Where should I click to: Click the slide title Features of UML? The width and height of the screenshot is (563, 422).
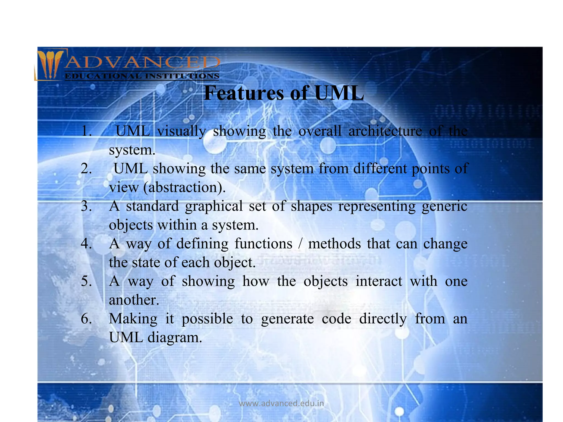pos(284,93)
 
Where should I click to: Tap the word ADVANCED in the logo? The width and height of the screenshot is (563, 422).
pos(142,63)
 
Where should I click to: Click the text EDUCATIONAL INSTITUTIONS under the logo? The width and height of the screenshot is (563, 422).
pos(142,76)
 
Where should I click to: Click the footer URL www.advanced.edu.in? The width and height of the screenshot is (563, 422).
pos(281,403)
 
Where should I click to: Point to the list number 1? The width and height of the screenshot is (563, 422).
pos(86,131)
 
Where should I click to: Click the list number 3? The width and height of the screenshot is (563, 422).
pos(86,206)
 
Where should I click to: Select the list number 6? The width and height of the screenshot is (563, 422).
pos(86,319)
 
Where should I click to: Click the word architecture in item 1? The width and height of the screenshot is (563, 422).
pos(385,131)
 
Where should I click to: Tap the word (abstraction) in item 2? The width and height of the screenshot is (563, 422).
pos(184,188)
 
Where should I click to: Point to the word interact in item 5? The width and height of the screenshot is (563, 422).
pos(379,281)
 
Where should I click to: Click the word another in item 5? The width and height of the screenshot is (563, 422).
pos(134,300)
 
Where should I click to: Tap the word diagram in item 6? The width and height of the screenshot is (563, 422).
pos(175,338)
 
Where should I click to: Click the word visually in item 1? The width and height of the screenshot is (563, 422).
pos(181,131)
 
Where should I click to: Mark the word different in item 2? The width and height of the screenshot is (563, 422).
pos(379,168)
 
